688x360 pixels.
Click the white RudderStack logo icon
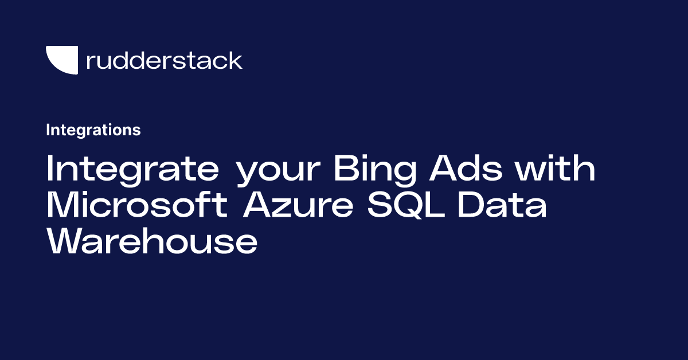pos(61,60)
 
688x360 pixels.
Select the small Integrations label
pos(93,130)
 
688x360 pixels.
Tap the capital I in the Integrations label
pos(48,130)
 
